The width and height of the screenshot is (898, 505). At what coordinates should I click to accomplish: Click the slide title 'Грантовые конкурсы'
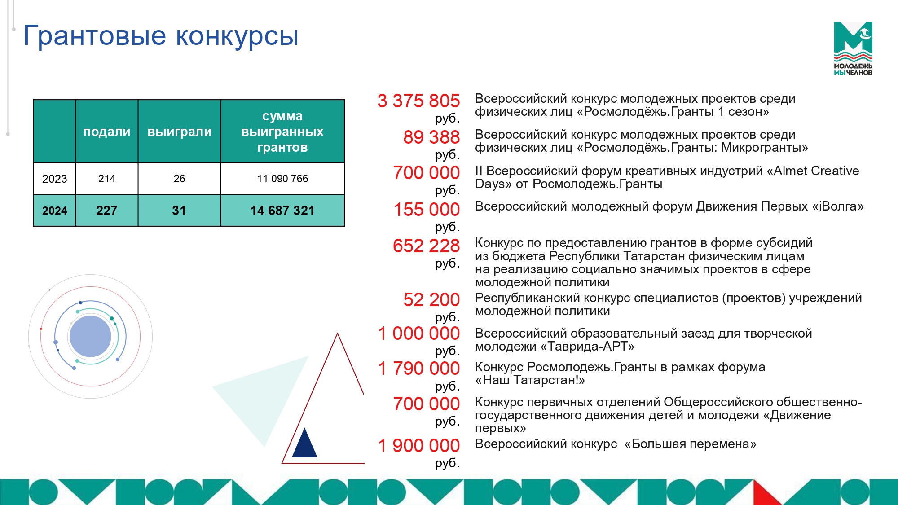point(161,35)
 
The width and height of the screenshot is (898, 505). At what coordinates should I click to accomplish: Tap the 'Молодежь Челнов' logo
point(853,48)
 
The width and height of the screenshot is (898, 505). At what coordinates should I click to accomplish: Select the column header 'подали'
point(107,132)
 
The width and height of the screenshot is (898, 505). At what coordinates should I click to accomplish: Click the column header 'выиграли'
point(180,132)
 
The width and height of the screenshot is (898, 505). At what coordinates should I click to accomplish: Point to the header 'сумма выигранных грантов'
point(282,132)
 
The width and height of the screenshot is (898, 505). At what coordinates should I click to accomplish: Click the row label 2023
point(54,179)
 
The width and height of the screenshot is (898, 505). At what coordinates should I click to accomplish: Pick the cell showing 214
point(107,179)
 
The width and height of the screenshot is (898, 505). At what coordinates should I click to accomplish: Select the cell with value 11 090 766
point(282,179)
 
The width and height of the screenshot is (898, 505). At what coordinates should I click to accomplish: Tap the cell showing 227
point(107,211)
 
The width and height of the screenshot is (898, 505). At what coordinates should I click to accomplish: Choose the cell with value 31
point(179,211)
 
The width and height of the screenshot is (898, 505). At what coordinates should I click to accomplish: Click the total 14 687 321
point(282,211)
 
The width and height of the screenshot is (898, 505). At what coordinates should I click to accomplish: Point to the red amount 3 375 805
point(418,101)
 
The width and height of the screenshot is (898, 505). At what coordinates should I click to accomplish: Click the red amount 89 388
point(431,137)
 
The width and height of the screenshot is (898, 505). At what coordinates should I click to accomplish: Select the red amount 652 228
point(426,246)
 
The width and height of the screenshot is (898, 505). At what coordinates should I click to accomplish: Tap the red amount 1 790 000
point(418,369)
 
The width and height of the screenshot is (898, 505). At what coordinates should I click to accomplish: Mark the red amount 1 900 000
point(418,446)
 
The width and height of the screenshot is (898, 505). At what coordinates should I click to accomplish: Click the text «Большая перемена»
point(690,444)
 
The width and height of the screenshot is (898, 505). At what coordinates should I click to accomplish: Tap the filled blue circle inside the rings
point(90,336)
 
